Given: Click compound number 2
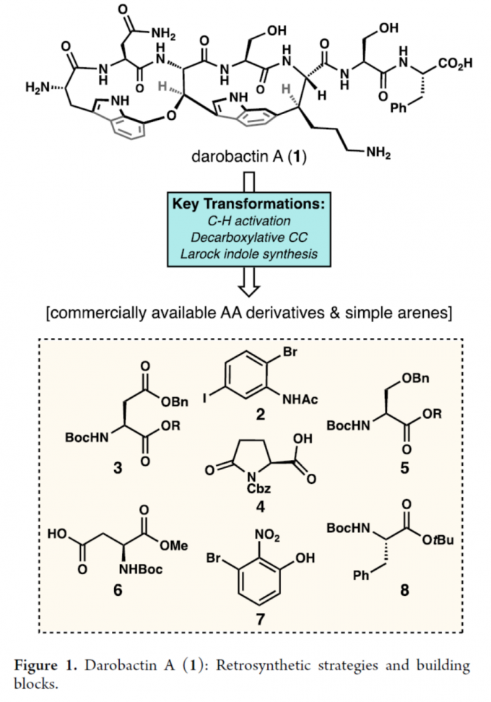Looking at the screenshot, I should [245, 415].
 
